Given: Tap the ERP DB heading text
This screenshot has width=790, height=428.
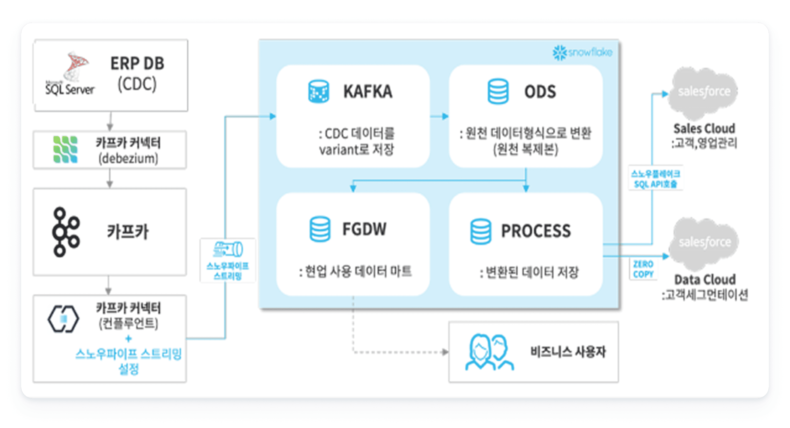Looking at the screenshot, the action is pos(137,63).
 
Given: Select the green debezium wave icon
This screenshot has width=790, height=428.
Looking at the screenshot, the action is pos(65,150).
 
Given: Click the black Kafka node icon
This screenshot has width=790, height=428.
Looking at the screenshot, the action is pos(65,232).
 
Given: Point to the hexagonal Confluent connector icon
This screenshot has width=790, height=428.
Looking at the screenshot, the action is pos(63,319).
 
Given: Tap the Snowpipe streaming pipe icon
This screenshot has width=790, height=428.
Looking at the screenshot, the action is pos(228,249).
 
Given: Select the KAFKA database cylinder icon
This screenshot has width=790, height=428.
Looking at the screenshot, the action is pos(319,91).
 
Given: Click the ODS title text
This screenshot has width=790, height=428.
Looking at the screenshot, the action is pos(540,92).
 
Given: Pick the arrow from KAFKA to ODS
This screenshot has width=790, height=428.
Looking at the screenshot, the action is pos(439,116).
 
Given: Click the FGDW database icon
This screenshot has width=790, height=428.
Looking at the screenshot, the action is pos(320,229).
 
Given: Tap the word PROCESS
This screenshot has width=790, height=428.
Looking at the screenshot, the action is pos(536,231).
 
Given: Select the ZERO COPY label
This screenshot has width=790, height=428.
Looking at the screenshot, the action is pos(643,269).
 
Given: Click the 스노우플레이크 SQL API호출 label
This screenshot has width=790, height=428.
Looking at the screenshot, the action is pos(655,179).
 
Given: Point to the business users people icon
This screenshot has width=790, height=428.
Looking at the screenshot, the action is pos(489,352).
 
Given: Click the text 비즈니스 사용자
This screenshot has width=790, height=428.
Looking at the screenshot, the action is pos(568,352).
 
